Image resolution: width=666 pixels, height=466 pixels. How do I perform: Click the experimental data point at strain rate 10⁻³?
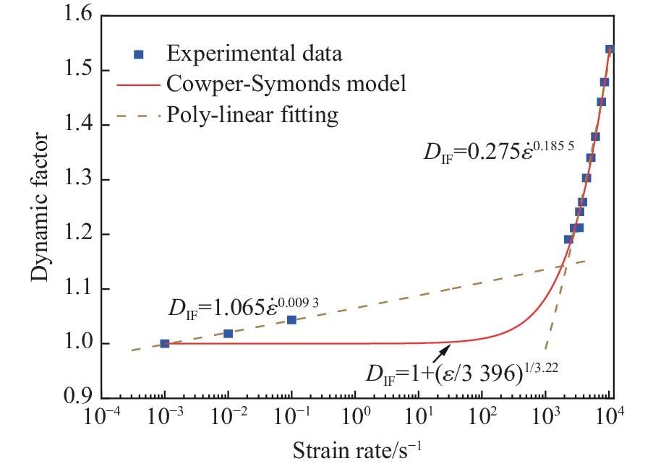pyautogui.click(x=165, y=343)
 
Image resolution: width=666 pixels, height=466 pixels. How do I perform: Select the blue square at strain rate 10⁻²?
pyautogui.click(x=229, y=333)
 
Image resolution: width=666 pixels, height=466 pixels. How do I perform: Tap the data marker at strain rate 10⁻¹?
pyautogui.click(x=291, y=319)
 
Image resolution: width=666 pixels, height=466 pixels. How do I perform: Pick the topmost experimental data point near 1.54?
pyautogui.click(x=610, y=49)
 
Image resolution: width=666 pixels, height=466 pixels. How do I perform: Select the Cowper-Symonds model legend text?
pyautogui.click(x=286, y=83)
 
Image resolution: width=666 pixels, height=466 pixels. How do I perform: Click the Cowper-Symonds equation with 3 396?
pyautogui.click(x=464, y=375)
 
